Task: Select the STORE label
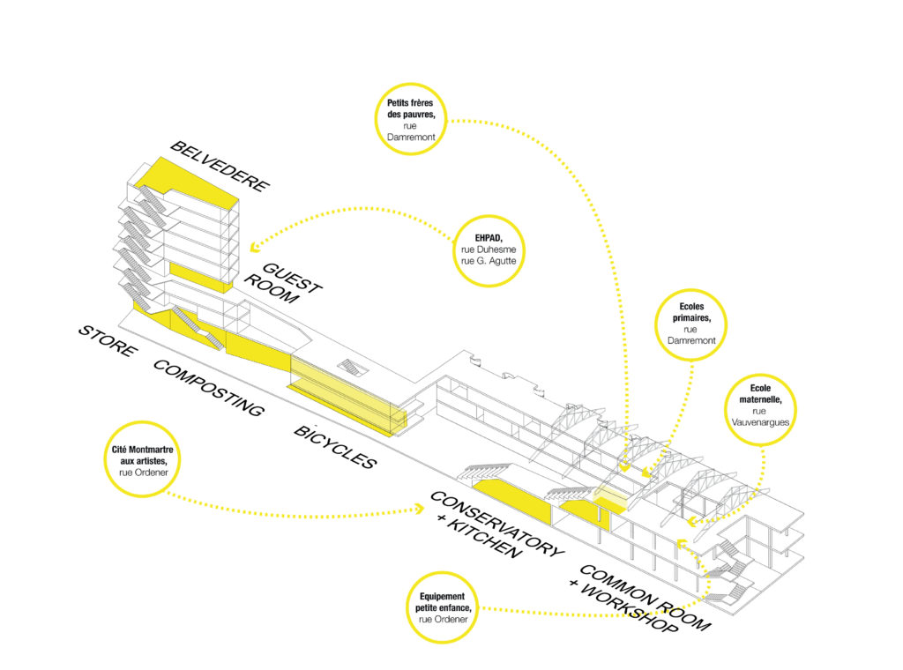coord(108,342)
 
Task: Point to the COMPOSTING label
coord(208,389)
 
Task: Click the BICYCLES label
coord(335,448)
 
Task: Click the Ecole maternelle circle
coord(759,405)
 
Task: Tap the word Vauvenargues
coord(759,422)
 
